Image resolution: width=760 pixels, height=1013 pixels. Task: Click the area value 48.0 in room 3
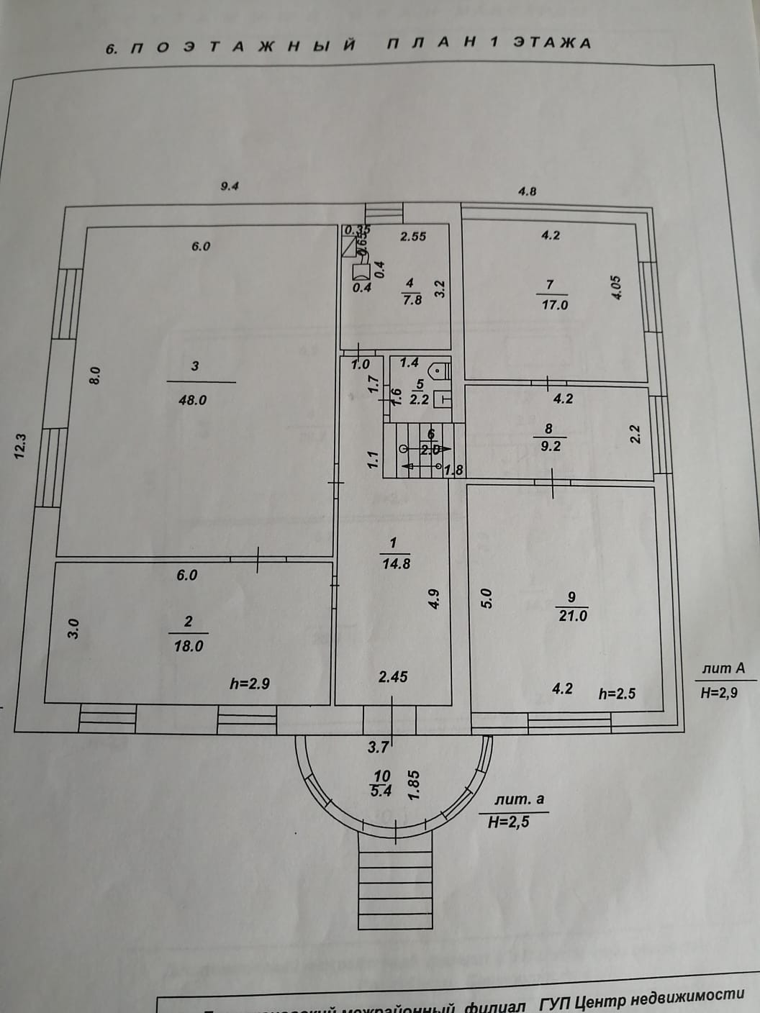[192, 400]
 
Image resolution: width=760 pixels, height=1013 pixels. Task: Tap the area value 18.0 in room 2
[188, 646]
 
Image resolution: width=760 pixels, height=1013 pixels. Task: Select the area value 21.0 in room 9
[572, 616]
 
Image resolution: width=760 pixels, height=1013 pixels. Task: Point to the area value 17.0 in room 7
[554, 304]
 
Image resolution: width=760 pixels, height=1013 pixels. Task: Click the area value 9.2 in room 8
[550, 446]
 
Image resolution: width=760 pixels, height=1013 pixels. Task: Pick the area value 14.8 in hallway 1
[396, 563]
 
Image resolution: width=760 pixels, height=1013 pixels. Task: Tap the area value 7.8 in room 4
[412, 300]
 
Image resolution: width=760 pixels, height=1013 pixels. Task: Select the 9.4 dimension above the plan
[229, 186]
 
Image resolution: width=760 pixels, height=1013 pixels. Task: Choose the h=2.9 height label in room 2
[250, 683]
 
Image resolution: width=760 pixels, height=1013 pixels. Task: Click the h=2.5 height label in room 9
[617, 694]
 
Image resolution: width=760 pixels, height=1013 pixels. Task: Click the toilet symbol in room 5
[438, 372]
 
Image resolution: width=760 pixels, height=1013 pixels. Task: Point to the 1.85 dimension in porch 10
[413, 784]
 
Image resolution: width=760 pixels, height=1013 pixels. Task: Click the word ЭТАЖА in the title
[552, 42]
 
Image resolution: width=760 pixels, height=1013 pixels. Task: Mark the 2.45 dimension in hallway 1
[394, 676]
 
